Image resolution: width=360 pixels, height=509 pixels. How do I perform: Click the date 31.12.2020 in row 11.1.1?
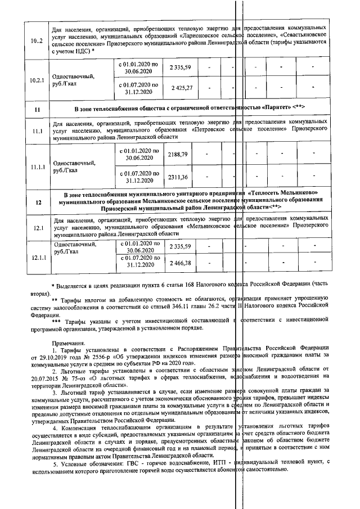point(139,181)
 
